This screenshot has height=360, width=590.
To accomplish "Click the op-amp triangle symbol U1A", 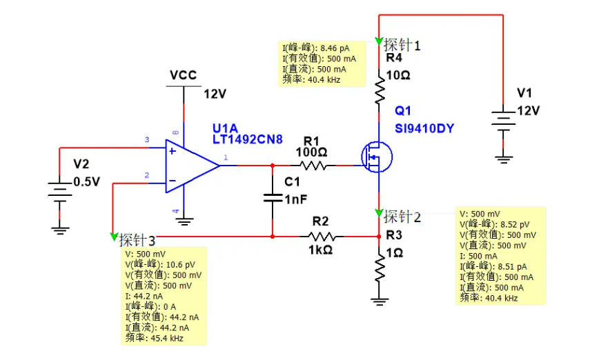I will click(190, 166).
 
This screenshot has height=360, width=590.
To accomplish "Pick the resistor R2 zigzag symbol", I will click(321, 236).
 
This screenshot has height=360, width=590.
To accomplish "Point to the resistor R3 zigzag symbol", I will click(379, 266).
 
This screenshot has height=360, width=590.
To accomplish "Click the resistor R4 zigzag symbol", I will click(379, 90).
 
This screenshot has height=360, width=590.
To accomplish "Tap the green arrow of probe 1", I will click(379, 41).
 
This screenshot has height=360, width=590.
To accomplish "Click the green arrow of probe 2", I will click(379, 211).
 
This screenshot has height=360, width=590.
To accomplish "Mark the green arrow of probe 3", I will click(114, 237).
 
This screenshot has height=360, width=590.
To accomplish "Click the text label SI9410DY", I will click(424, 128).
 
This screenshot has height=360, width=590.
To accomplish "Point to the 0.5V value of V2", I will click(86, 183).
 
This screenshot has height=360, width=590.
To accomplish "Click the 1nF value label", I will click(295, 200).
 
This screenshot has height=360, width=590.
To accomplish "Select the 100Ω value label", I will click(311, 151).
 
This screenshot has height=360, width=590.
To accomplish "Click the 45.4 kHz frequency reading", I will click(173, 338).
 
